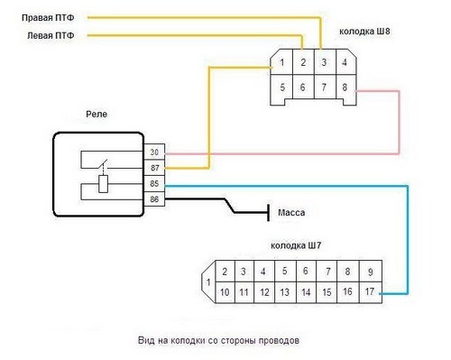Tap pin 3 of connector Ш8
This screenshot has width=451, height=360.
coord(323,63)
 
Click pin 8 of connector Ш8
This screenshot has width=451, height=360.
coord(345,88)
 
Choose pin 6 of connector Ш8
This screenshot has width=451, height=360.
coord(303,88)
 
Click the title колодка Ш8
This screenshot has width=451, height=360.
coord(368,31)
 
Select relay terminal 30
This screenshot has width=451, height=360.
coord(154,152)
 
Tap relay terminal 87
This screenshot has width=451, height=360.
coord(154,168)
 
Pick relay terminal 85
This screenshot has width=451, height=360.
coord(154,184)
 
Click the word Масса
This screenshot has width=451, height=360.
coord(291,214)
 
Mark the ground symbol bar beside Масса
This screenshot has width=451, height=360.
coord(268,214)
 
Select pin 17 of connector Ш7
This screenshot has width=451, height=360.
coord(370,292)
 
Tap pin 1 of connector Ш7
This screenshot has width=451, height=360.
coord(208,282)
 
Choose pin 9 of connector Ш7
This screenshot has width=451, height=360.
coord(370,272)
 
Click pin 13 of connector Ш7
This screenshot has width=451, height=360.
coord(284,292)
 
